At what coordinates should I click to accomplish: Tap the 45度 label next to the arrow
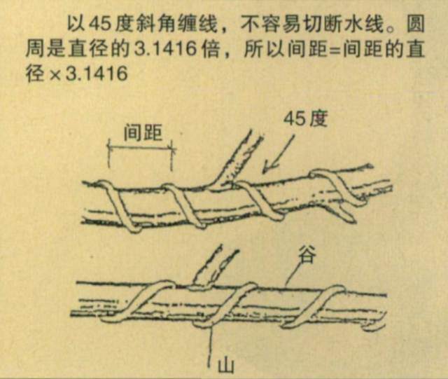(307, 119)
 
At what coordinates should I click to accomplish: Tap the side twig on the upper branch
(237, 157)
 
